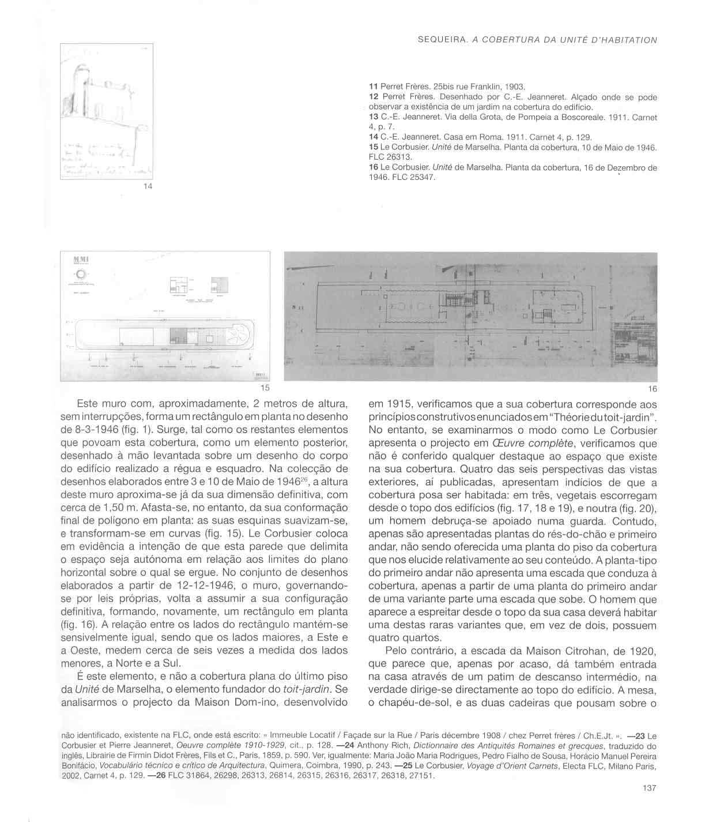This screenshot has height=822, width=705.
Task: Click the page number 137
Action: click(x=649, y=789)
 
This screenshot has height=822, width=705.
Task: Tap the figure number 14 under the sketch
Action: click(x=148, y=186)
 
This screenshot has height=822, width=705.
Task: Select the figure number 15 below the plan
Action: click(x=265, y=388)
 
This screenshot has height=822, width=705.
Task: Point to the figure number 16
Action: click(x=652, y=389)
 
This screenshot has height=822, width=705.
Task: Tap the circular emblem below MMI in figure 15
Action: click(x=81, y=275)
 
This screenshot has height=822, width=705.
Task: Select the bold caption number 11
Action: click(x=372, y=88)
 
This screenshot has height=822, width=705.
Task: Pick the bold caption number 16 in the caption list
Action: click(x=372, y=168)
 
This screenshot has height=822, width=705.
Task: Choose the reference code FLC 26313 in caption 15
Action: click(x=390, y=157)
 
